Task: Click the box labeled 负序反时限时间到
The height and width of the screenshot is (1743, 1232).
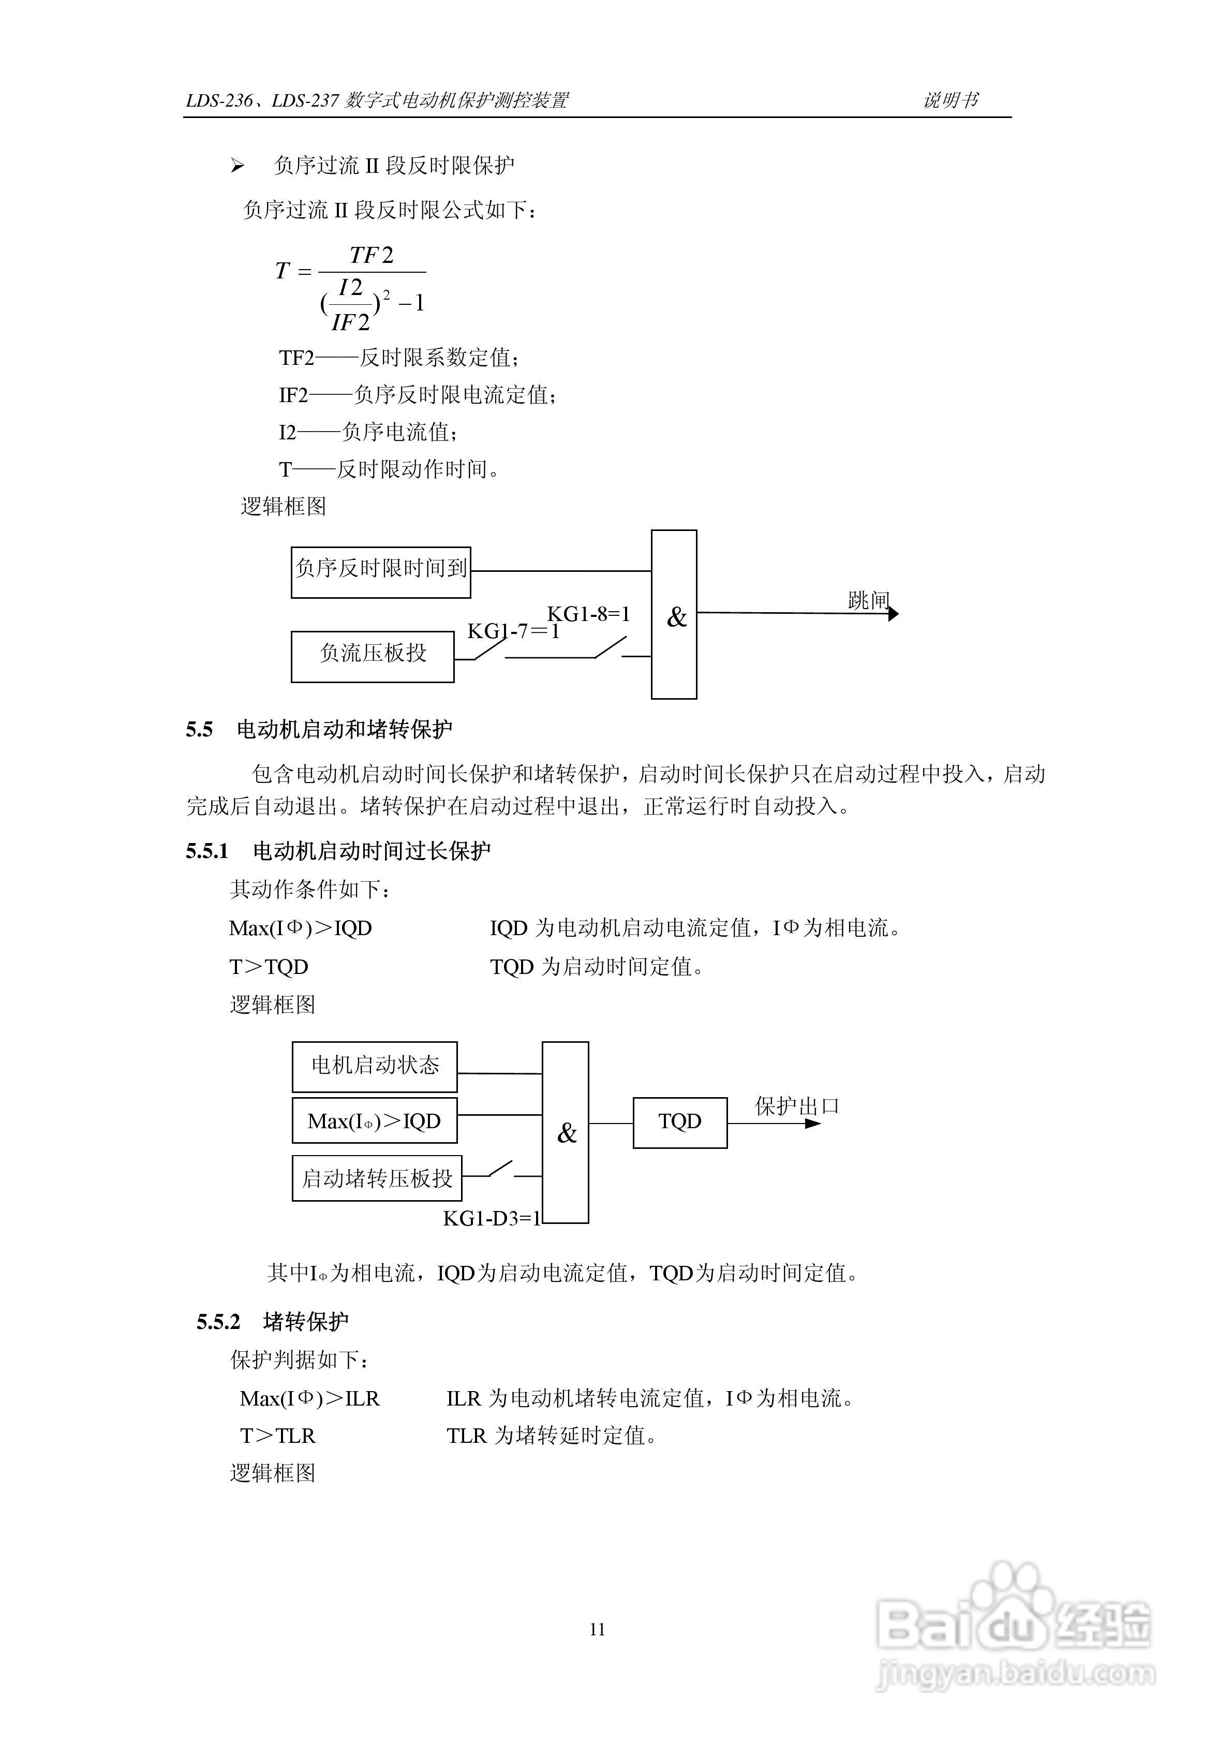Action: [380, 572]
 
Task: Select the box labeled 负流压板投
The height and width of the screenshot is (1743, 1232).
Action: [372, 656]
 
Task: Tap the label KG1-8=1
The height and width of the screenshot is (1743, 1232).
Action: [588, 614]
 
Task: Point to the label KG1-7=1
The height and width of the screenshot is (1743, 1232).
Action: [513, 631]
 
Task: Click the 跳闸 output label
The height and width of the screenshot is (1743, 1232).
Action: [868, 600]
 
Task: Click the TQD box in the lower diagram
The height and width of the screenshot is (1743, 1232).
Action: [679, 1122]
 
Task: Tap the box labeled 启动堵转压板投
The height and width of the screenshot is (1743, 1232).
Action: [377, 1178]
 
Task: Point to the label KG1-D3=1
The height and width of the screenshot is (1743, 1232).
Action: [491, 1218]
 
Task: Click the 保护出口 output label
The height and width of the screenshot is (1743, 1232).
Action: [796, 1106]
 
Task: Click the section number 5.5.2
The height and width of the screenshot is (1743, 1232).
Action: [218, 1322]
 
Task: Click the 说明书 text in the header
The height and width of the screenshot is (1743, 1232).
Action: [951, 100]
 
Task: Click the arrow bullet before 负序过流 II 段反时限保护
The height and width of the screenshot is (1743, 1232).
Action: [238, 166]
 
